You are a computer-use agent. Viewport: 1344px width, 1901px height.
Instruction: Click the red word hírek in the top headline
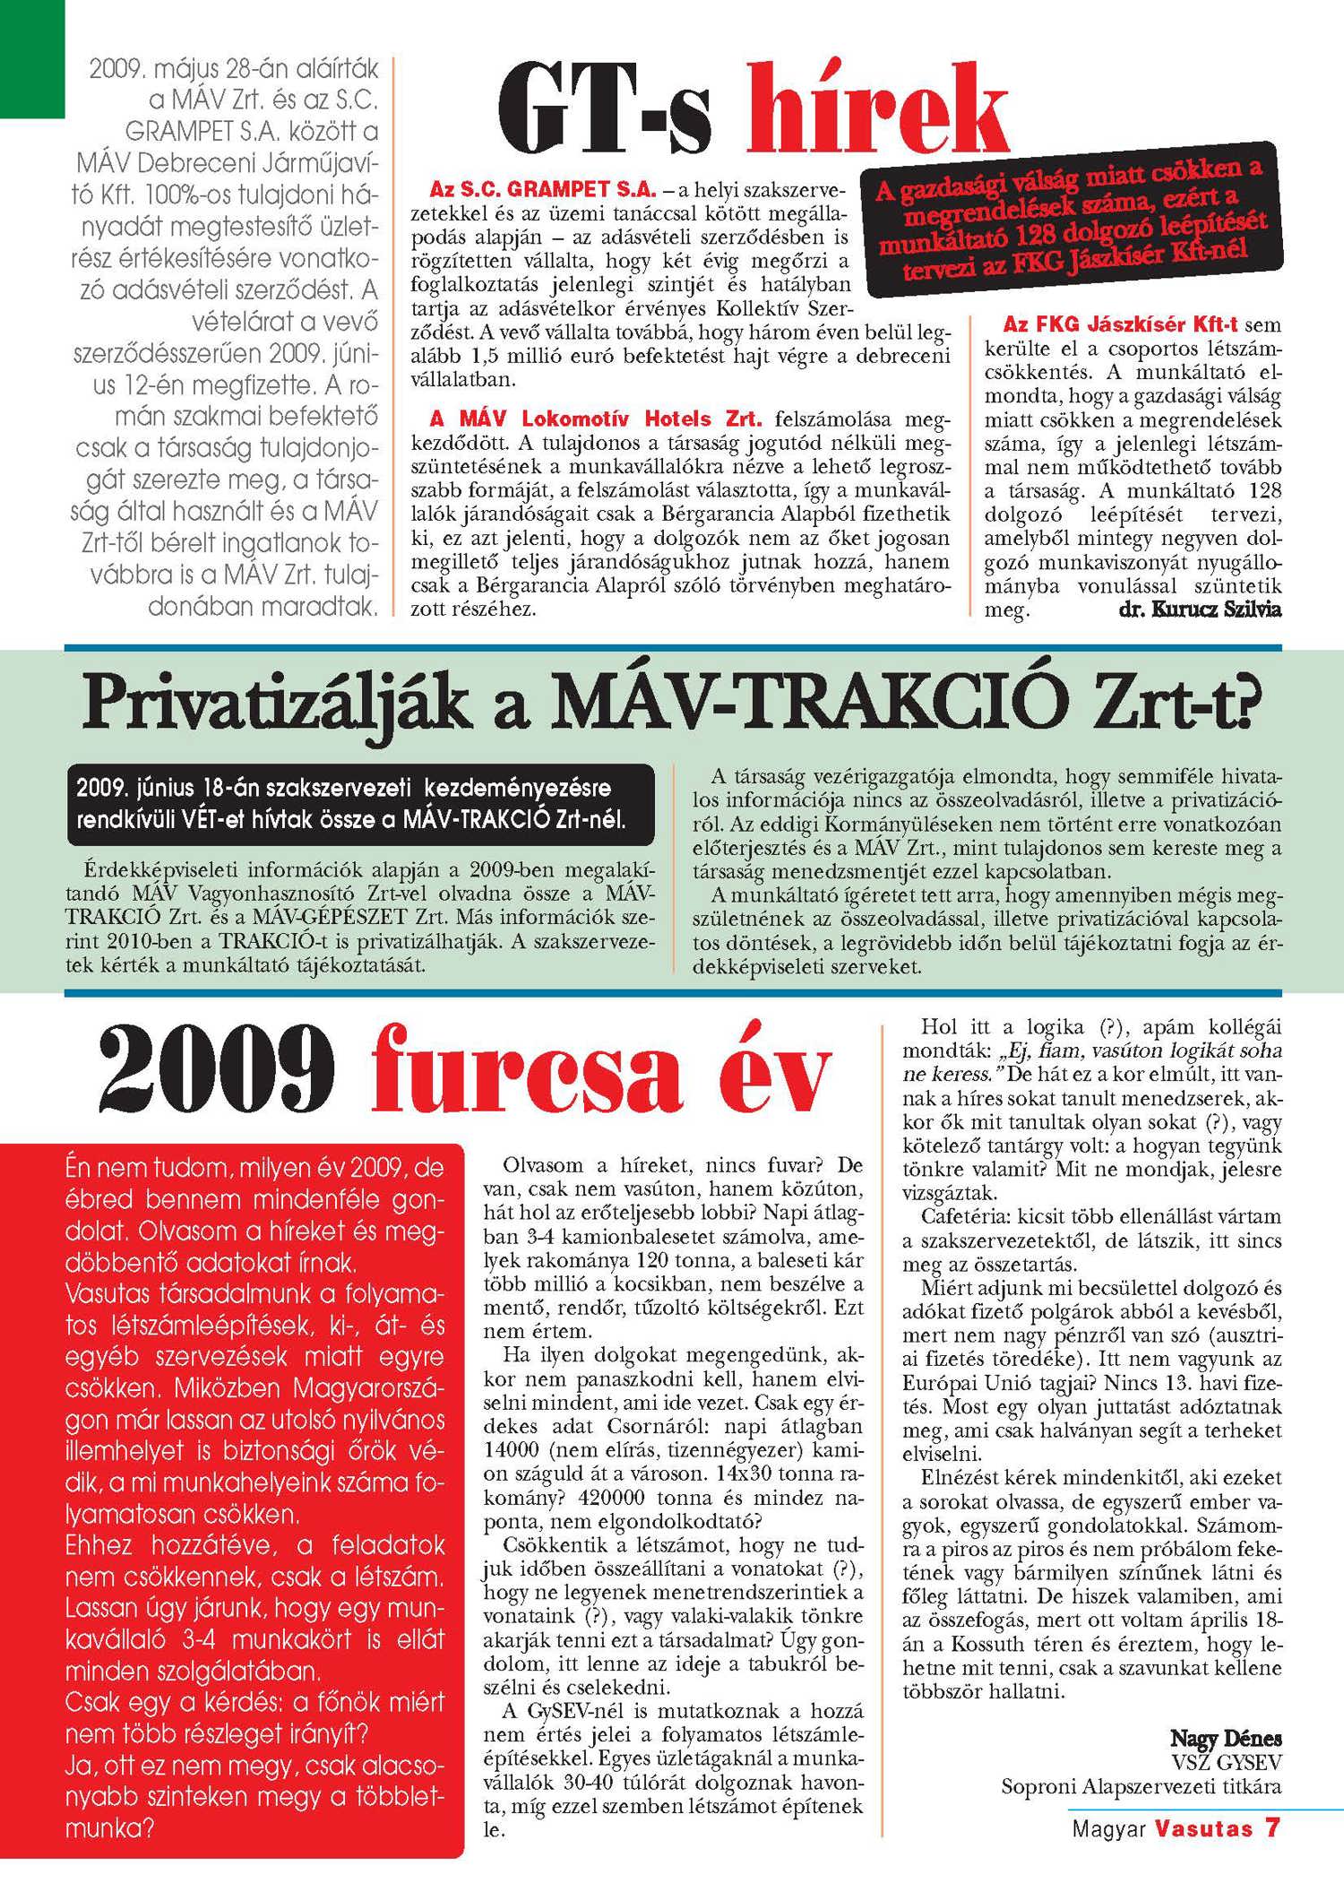point(876,109)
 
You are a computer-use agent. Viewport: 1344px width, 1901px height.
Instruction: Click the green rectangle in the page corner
point(32,58)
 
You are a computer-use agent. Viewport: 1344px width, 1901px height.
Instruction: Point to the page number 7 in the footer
point(1271,1828)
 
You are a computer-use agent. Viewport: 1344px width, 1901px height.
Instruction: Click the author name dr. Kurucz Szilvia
point(1200,609)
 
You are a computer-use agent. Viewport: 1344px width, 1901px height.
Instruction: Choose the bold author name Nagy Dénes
point(1226,1738)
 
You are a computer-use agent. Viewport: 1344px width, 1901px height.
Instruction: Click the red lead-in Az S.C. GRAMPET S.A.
point(543,190)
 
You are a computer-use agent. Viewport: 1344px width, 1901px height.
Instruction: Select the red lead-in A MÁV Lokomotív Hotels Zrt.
point(596,419)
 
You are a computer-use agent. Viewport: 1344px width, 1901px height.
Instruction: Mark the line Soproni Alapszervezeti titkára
point(1141,1785)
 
